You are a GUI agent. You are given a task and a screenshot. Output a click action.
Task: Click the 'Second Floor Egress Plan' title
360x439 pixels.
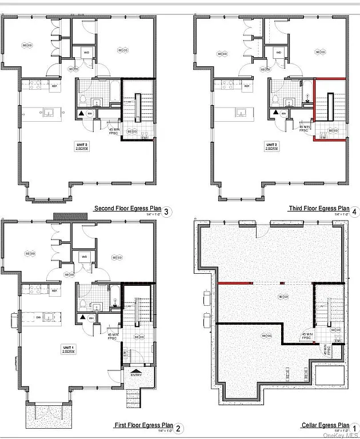click(127, 209)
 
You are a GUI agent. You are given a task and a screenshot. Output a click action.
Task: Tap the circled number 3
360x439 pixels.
click(166, 212)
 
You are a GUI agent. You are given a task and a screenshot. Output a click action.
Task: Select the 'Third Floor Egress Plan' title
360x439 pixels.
click(319, 209)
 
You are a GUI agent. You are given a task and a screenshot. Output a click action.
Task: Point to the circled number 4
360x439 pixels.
click(354, 212)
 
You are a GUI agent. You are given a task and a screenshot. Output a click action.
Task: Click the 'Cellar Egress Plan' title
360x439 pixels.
click(325, 425)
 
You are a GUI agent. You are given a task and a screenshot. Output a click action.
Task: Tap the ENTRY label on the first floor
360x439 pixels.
click(136, 375)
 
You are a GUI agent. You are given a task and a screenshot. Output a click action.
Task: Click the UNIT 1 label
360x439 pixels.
click(70, 348)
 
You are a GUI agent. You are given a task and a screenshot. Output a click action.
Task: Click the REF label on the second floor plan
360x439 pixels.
click(55, 86)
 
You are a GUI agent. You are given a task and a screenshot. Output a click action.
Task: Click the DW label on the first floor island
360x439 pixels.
click(38, 316)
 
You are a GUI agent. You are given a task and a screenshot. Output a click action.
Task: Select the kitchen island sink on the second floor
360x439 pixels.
click(49, 113)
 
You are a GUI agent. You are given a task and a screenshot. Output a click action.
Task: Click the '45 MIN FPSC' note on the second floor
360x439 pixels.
click(114, 131)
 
